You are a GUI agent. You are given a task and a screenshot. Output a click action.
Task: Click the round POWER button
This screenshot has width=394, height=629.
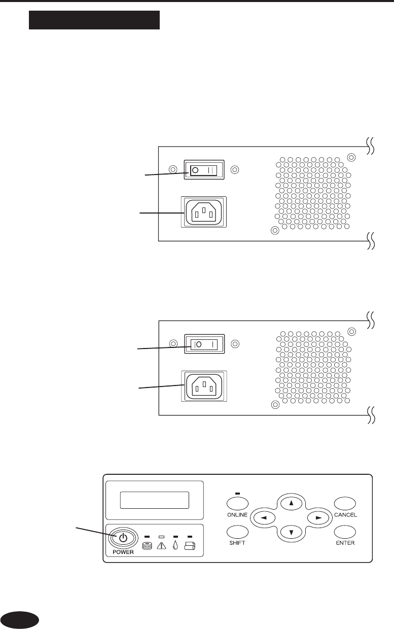(x=122, y=538)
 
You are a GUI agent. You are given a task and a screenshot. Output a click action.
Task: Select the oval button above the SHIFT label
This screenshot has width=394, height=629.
(x=237, y=532)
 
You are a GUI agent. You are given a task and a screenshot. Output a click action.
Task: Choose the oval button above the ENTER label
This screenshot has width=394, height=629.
(x=345, y=532)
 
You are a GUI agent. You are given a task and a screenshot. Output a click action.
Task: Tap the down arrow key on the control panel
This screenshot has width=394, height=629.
(x=291, y=532)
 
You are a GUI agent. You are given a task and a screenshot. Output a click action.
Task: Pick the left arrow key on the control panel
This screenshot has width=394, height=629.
(x=265, y=517)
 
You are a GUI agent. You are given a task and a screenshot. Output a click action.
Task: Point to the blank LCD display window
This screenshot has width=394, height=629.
(x=155, y=500)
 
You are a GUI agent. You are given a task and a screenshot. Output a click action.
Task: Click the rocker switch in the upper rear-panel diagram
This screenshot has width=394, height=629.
(x=204, y=169)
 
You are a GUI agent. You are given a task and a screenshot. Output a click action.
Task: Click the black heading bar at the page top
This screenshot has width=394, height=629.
(x=94, y=21)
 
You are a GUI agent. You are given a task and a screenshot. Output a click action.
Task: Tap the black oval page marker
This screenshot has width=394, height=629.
(x=20, y=619)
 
